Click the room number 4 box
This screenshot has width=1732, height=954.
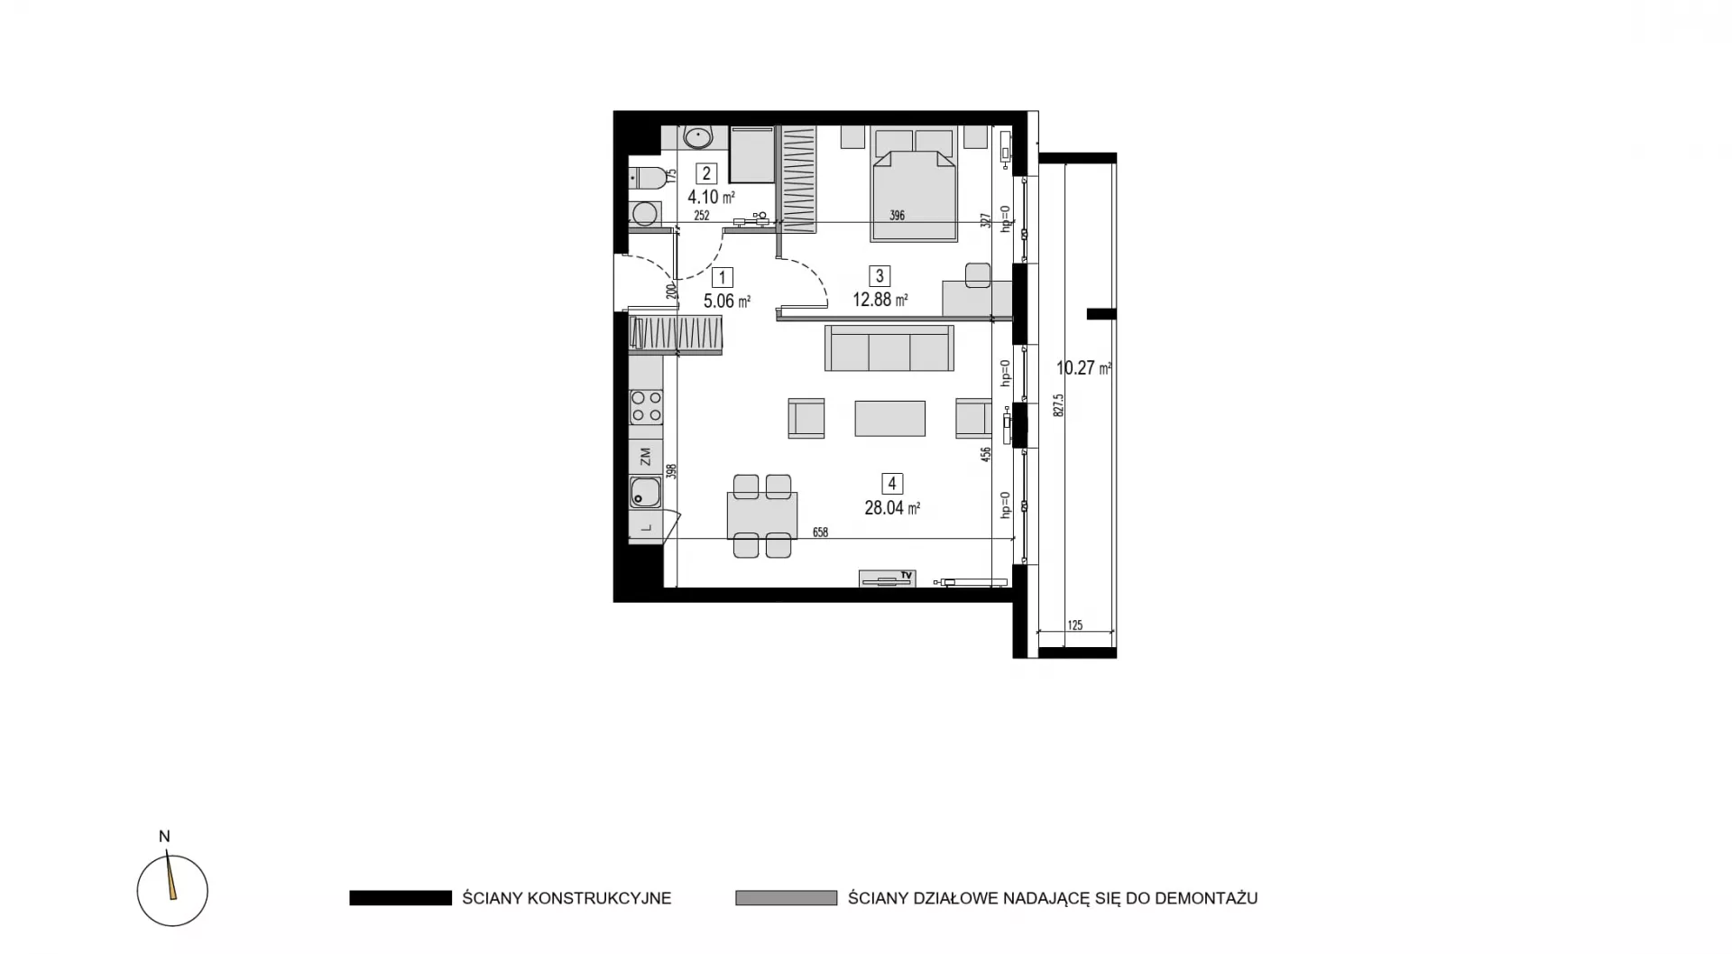tap(891, 484)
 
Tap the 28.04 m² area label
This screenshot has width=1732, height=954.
tap(892, 508)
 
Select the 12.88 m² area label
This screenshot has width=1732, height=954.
tap(880, 300)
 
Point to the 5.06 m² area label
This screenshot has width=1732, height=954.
tap(727, 301)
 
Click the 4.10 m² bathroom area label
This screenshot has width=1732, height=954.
tap(712, 197)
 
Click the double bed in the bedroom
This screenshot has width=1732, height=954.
tap(914, 184)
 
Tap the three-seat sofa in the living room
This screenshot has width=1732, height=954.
tap(889, 348)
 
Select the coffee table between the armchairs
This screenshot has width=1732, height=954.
tap(890, 419)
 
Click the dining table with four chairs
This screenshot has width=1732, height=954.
tap(762, 515)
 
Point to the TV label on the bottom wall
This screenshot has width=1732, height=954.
tap(907, 575)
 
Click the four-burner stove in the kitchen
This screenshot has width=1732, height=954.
tap(646, 407)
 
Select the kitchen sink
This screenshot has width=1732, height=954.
tap(645, 493)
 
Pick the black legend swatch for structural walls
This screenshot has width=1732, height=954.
tap(401, 898)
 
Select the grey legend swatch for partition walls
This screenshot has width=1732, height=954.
tap(787, 898)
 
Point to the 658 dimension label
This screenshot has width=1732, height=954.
tap(820, 533)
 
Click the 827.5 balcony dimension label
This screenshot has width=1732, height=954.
tap(1059, 404)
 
